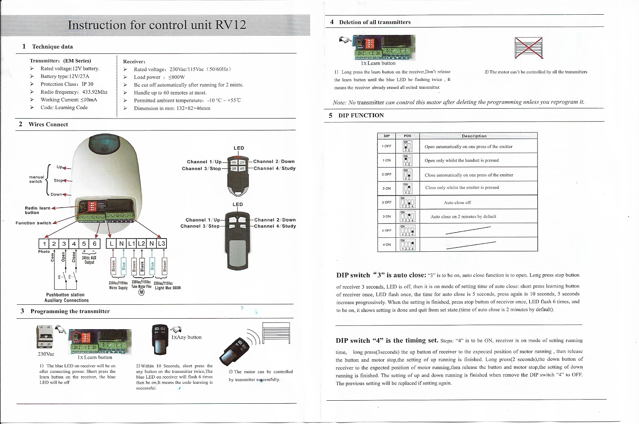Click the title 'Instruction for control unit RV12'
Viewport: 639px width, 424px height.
[x=157, y=25]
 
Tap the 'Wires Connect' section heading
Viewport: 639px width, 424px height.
[x=48, y=125]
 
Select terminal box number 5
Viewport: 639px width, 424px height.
[x=84, y=244]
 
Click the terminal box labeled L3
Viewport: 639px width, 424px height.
[x=162, y=244]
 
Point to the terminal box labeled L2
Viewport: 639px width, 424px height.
[x=141, y=244]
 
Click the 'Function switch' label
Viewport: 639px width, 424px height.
[x=33, y=223]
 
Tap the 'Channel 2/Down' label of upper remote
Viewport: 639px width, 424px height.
[x=274, y=161]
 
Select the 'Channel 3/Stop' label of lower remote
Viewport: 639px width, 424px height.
[x=200, y=226]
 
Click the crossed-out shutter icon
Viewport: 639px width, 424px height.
[x=528, y=48]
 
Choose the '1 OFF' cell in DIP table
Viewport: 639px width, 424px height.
[x=387, y=146]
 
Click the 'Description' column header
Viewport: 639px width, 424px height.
[x=474, y=136]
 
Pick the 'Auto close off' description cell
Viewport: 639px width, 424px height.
[x=457, y=202]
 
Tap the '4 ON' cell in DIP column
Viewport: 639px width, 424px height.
[x=387, y=245]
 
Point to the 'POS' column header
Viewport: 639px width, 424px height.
[x=407, y=136]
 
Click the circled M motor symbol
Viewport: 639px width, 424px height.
[x=141, y=292]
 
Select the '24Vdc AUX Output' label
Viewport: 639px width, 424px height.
[x=89, y=260]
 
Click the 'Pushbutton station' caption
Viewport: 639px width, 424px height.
[x=65, y=295]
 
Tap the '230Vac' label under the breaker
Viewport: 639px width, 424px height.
[x=46, y=354]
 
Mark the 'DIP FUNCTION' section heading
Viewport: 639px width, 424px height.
[x=361, y=115]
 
